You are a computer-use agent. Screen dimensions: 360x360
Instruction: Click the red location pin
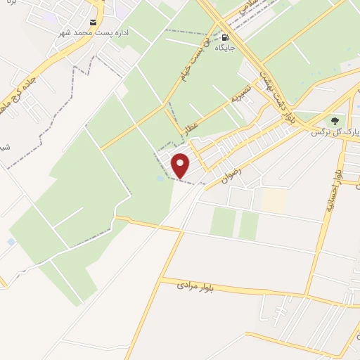click(181, 165)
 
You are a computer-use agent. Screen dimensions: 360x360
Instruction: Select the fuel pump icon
click(225, 37)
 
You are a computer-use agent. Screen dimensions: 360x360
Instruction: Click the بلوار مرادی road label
click(195, 285)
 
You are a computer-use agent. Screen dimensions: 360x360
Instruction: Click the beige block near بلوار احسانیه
click(274, 200)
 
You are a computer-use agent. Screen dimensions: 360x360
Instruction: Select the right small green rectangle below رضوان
click(248, 225)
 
